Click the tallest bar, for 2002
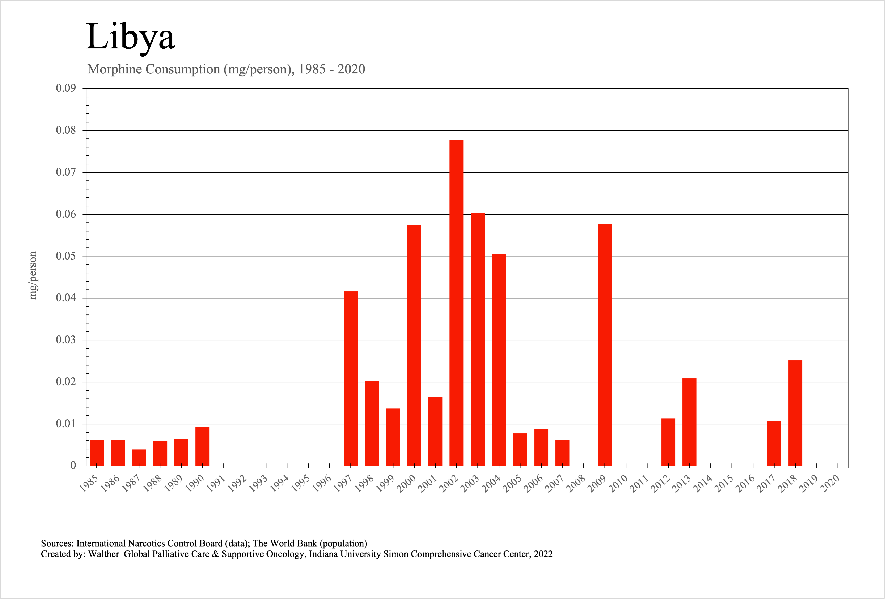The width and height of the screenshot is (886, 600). pos(456,303)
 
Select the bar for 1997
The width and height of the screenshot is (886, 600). pos(350,378)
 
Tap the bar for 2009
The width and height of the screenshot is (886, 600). pos(605,345)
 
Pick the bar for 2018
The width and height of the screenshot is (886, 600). pos(795,413)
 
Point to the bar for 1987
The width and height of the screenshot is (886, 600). pos(139,458)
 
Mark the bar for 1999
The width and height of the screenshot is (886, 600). pos(393,437)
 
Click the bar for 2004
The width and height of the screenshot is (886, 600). pos(499,360)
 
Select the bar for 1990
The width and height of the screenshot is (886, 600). pos(202,446)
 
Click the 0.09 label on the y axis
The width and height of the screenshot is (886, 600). pos(66,88)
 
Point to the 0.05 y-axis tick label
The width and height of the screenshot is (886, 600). pos(66,256)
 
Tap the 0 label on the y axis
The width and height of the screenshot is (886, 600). pos(73,466)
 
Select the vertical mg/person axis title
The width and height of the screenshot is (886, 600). pos(33,275)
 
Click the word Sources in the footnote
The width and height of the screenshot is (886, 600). pos(57,543)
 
